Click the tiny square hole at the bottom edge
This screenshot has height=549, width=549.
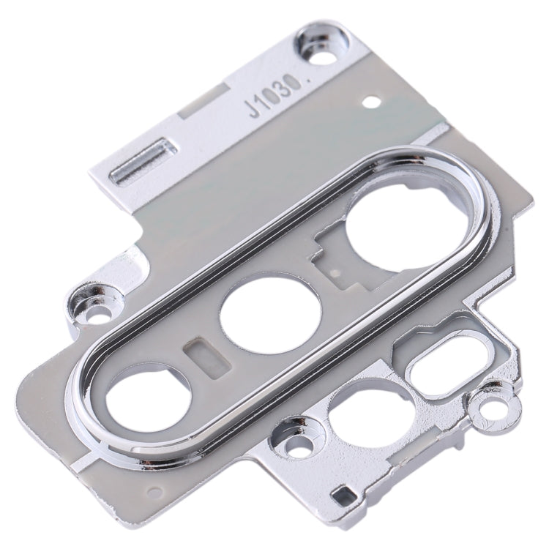coord(340,498)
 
